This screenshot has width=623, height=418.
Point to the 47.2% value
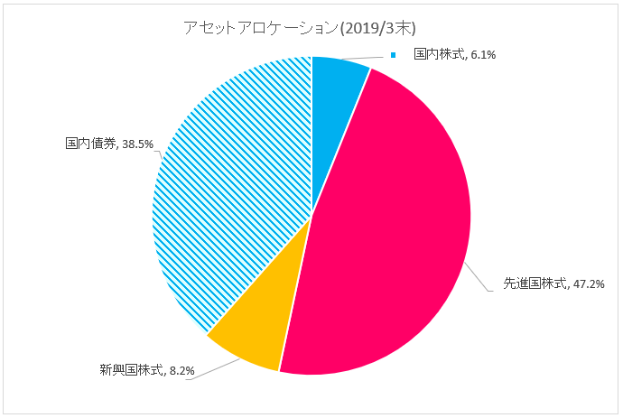pos(589,283)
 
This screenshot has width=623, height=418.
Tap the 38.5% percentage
pos(137,144)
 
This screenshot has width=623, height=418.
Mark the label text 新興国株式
pos(131,370)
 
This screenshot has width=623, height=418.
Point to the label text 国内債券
pos(88,144)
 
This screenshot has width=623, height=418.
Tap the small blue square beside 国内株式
pos(394,55)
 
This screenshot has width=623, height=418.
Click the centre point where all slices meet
pos(311,216)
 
